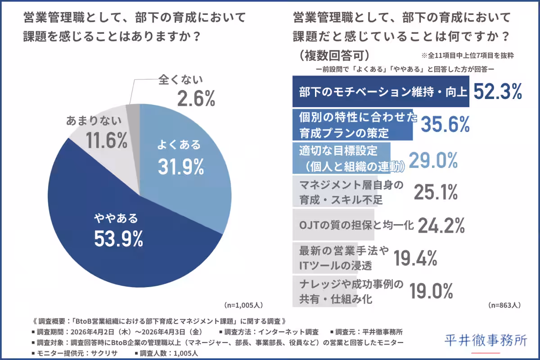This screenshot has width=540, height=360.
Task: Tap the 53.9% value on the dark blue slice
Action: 118,239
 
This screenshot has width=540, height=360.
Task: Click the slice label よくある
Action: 179,145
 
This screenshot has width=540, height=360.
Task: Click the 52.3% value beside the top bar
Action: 497,92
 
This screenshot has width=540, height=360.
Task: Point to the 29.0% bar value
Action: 433,159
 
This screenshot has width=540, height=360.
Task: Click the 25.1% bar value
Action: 435,192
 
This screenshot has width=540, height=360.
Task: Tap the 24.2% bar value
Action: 441,225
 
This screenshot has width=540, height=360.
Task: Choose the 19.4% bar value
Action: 416,258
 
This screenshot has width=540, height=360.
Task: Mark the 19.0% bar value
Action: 431,291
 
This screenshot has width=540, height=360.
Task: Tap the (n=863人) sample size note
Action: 504,305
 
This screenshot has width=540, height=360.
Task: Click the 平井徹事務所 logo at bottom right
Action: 486,341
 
